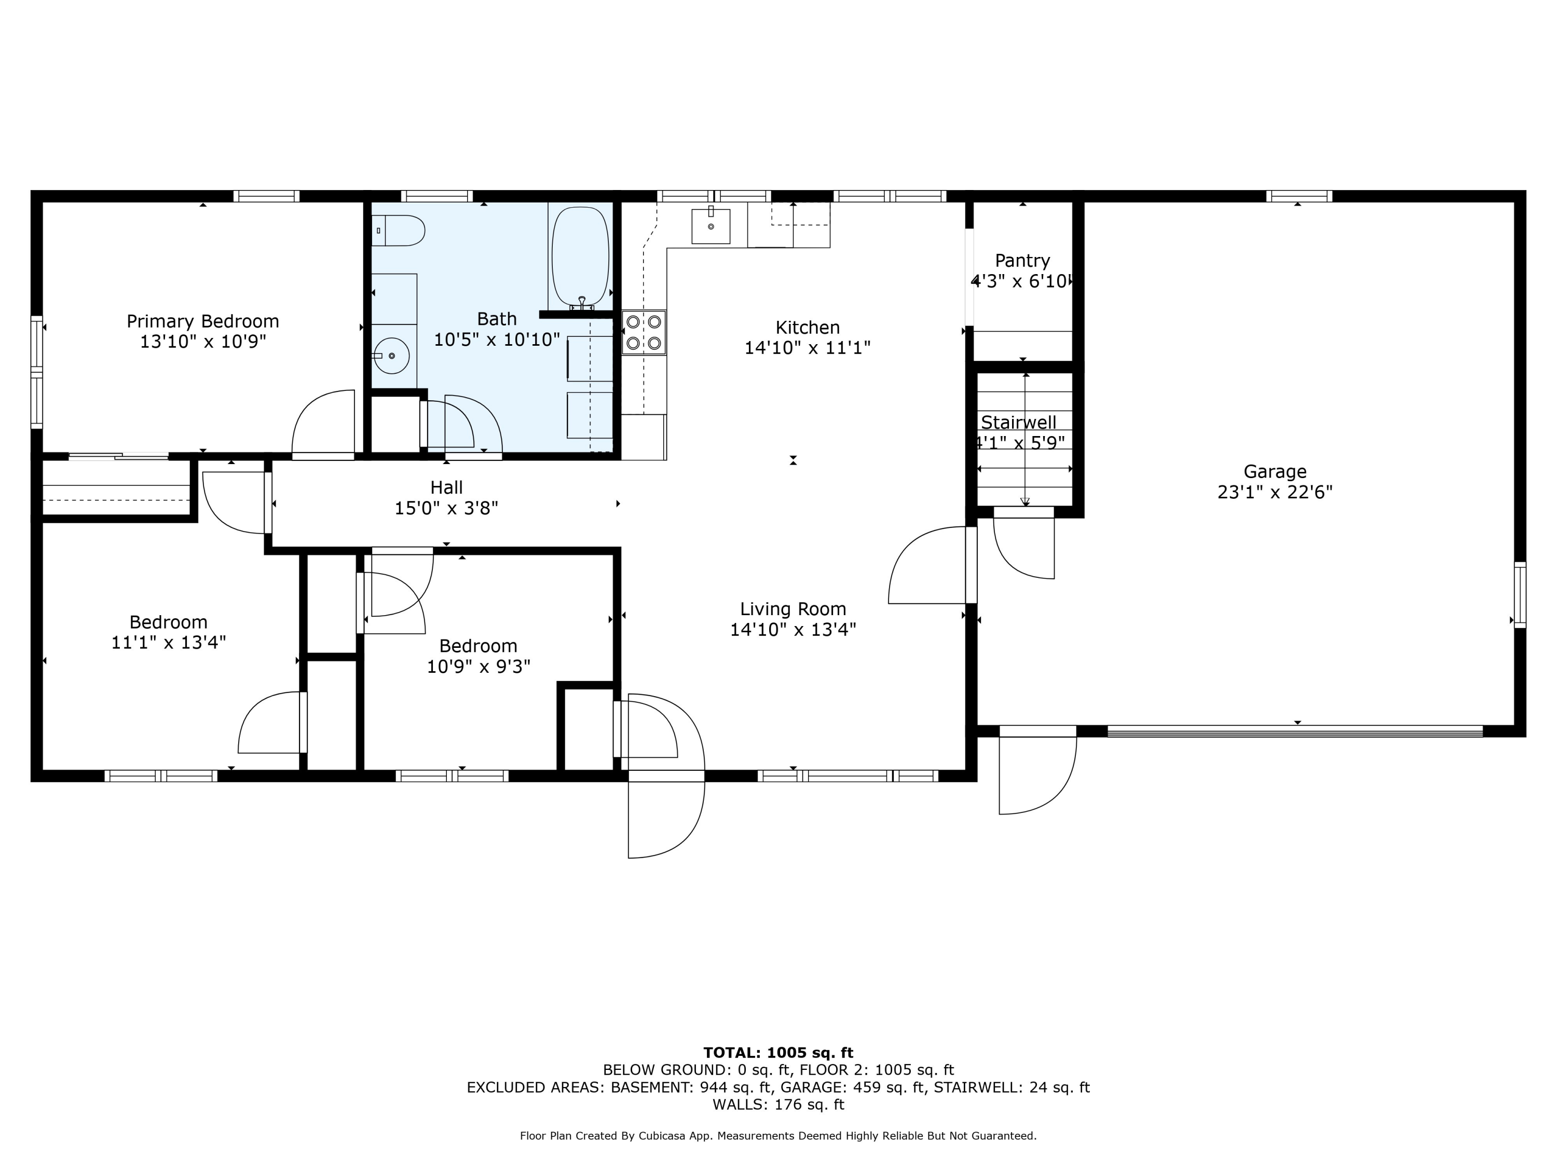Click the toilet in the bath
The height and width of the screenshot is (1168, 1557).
399,230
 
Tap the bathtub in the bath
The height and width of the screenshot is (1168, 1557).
580,257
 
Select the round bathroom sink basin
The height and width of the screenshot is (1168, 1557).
391,356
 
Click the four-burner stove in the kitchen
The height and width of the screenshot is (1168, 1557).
644,332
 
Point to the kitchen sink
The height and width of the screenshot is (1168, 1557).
710,226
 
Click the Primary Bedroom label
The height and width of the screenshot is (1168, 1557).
203,322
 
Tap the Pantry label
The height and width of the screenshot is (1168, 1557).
1022,261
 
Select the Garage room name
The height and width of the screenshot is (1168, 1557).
1275,472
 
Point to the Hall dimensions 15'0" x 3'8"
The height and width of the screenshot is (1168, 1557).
446,508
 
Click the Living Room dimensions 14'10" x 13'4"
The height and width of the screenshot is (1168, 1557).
793,629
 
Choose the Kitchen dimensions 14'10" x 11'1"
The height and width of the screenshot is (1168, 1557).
808,348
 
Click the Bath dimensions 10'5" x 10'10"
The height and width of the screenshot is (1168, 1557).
497,340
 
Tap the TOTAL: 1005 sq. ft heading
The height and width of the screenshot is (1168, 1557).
778,1053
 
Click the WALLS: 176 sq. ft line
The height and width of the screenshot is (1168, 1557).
778,1105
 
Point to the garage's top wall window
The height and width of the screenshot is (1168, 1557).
1299,196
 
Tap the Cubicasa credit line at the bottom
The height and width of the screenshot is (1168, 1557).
778,1136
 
